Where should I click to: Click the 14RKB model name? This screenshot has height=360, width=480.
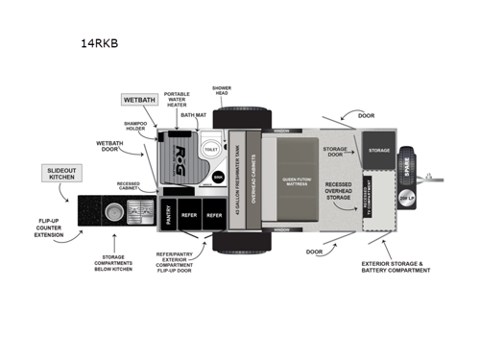[x=99, y=42]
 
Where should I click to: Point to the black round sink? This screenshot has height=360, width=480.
[x=218, y=179]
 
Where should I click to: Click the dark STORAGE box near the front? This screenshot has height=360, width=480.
[x=378, y=150]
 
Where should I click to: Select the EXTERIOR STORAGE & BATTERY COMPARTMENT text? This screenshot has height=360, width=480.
[x=402, y=266]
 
